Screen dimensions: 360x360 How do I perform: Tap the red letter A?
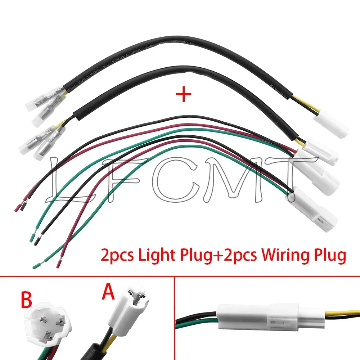pyautogui.click(x=108, y=293)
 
